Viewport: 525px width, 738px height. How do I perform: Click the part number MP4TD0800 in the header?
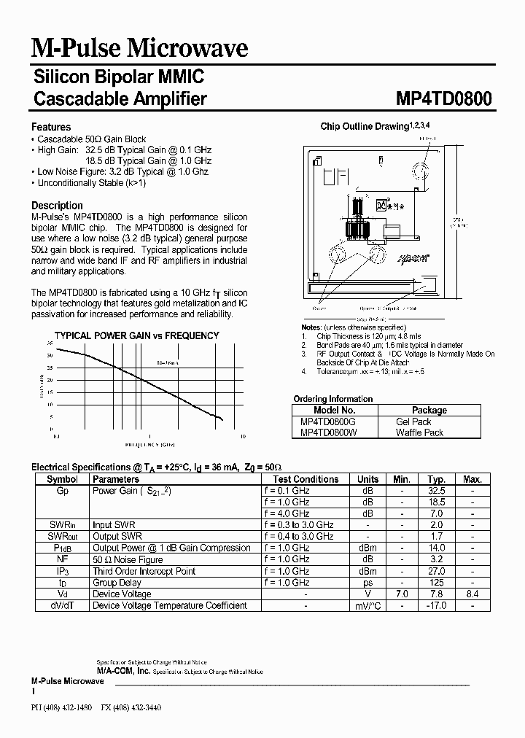coord(444,98)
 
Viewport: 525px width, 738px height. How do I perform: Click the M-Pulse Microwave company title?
coord(139,48)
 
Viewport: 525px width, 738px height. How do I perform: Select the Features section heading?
coord(51,127)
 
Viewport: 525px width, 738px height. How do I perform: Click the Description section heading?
coord(58,206)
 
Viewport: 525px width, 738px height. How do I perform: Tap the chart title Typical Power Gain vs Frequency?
coord(137,335)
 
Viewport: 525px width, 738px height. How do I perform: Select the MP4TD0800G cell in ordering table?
coord(328,422)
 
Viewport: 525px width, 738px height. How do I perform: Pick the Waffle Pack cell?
coord(419,432)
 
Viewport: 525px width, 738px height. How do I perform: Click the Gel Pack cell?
coord(413,422)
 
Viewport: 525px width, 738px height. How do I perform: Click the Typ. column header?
coord(436,479)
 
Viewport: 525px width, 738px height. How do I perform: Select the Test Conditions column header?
coord(306,479)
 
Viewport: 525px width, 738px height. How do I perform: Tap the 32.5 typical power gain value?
coord(436,491)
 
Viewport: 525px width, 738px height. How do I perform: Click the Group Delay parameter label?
coord(118,583)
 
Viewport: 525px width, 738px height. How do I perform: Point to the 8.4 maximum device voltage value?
coord(472,594)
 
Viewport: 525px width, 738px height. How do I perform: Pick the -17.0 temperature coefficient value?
coord(436,605)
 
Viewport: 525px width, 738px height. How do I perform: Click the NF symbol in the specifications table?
coord(62,559)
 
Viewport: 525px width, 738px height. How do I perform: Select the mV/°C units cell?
coord(367,605)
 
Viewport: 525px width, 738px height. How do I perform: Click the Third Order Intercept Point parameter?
coord(144,571)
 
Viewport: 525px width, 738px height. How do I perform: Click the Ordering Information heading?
coord(332,399)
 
